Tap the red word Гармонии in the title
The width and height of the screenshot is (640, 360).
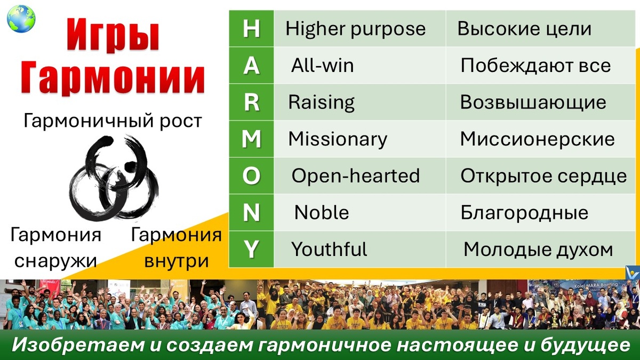[x=113, y=79]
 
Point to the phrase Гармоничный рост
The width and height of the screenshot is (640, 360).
[x=113, y=121]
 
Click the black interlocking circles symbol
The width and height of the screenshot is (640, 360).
[x=114, y=178]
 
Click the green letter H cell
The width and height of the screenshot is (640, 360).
[x=251, y=29]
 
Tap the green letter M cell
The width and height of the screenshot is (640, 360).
[x=251, y=139]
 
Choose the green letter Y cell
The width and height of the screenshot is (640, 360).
[x=251, y=249]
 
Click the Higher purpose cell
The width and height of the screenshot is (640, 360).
[x=356, y=29]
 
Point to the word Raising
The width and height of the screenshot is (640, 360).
[x=322, y=102]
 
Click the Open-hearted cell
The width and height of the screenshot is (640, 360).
[x=356, y=175]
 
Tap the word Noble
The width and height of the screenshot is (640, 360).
[x=322, y=212]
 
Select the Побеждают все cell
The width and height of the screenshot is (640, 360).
[x=535, y=66]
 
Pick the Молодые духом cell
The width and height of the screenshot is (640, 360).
[x=538, y=249]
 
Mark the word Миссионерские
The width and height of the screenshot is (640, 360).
[x=537, y=139]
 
